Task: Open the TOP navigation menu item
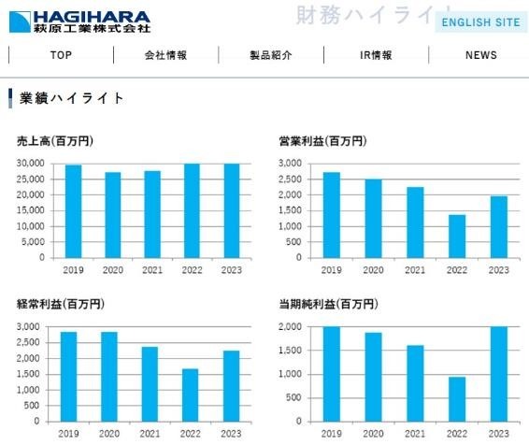coord(61,55)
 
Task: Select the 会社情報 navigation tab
coord(165,55)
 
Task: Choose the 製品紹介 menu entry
coord(271,55)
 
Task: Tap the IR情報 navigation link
coord(376,55)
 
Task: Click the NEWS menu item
coord(480,55)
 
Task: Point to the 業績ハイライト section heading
coord(71,98)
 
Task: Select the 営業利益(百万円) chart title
coord(322,141)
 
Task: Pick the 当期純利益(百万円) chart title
coord(328,305)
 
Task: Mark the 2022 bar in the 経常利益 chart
coord(191,395)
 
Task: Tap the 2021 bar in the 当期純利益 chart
coord(414,383)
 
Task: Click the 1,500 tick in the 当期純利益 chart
coord(294,351)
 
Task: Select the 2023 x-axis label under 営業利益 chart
coord(498,270)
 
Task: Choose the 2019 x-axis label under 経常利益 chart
coord(69,435)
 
